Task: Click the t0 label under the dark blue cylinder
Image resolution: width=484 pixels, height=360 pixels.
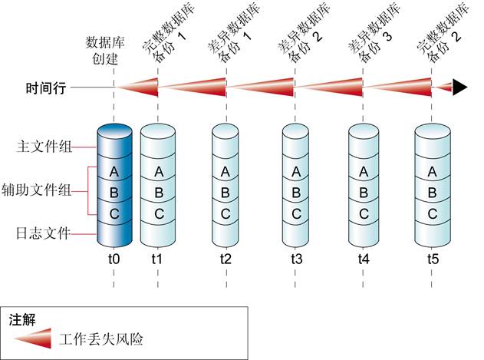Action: coord(114,259)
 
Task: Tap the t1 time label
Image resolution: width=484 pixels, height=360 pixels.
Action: coord(157,259)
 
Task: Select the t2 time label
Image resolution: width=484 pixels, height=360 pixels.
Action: coord(226,259)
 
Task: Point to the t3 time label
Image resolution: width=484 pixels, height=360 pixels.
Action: coord(296,259)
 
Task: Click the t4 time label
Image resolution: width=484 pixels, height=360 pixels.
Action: coord(364,259)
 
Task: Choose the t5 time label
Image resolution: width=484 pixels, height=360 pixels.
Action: coord(433,259)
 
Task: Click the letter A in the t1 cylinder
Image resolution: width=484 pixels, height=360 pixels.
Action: coord(158,171)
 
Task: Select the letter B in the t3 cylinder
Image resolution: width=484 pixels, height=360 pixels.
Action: coord(296,192)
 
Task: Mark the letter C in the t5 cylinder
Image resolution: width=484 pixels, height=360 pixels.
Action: coord(433,213)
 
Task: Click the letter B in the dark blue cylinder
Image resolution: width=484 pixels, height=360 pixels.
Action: coord(115,192)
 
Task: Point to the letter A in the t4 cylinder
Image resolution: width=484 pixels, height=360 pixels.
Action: coord(364,171)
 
